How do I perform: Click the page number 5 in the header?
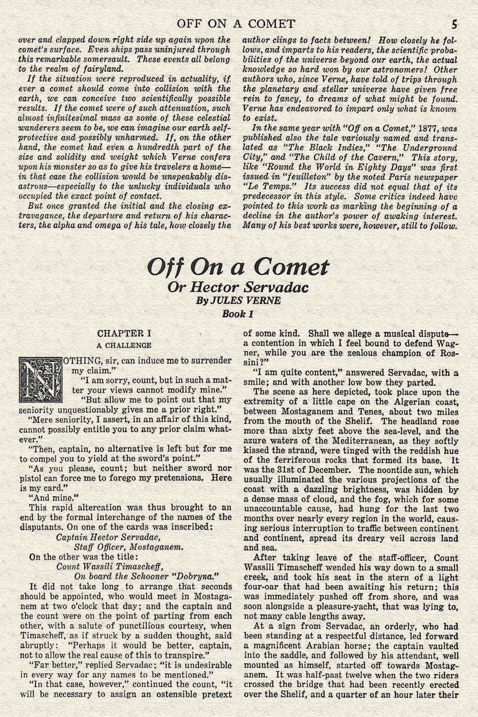pyautogui.click(x=454, y=24)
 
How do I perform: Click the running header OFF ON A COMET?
pyautogui.click(x=236, y=24)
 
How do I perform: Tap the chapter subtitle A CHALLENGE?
pyautogui.click(x=124, y=345)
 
